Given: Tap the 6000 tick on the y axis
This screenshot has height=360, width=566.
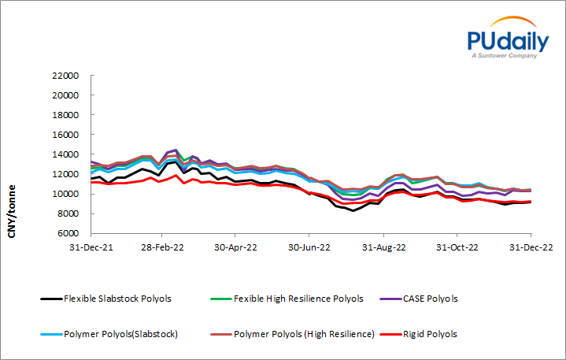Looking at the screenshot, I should (x=69, y=233).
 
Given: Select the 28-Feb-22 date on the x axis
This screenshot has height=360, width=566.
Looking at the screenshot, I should (x=162, y=247).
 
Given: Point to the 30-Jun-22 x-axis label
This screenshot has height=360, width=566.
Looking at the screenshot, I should (x=308, y=247).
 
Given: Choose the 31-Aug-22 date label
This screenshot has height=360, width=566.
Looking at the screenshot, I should (x=383, y=247).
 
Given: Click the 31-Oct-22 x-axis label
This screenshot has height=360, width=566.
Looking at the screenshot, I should (x=457, y=247).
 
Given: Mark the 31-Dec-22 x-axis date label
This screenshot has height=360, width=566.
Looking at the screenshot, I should (x=530, y=247).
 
